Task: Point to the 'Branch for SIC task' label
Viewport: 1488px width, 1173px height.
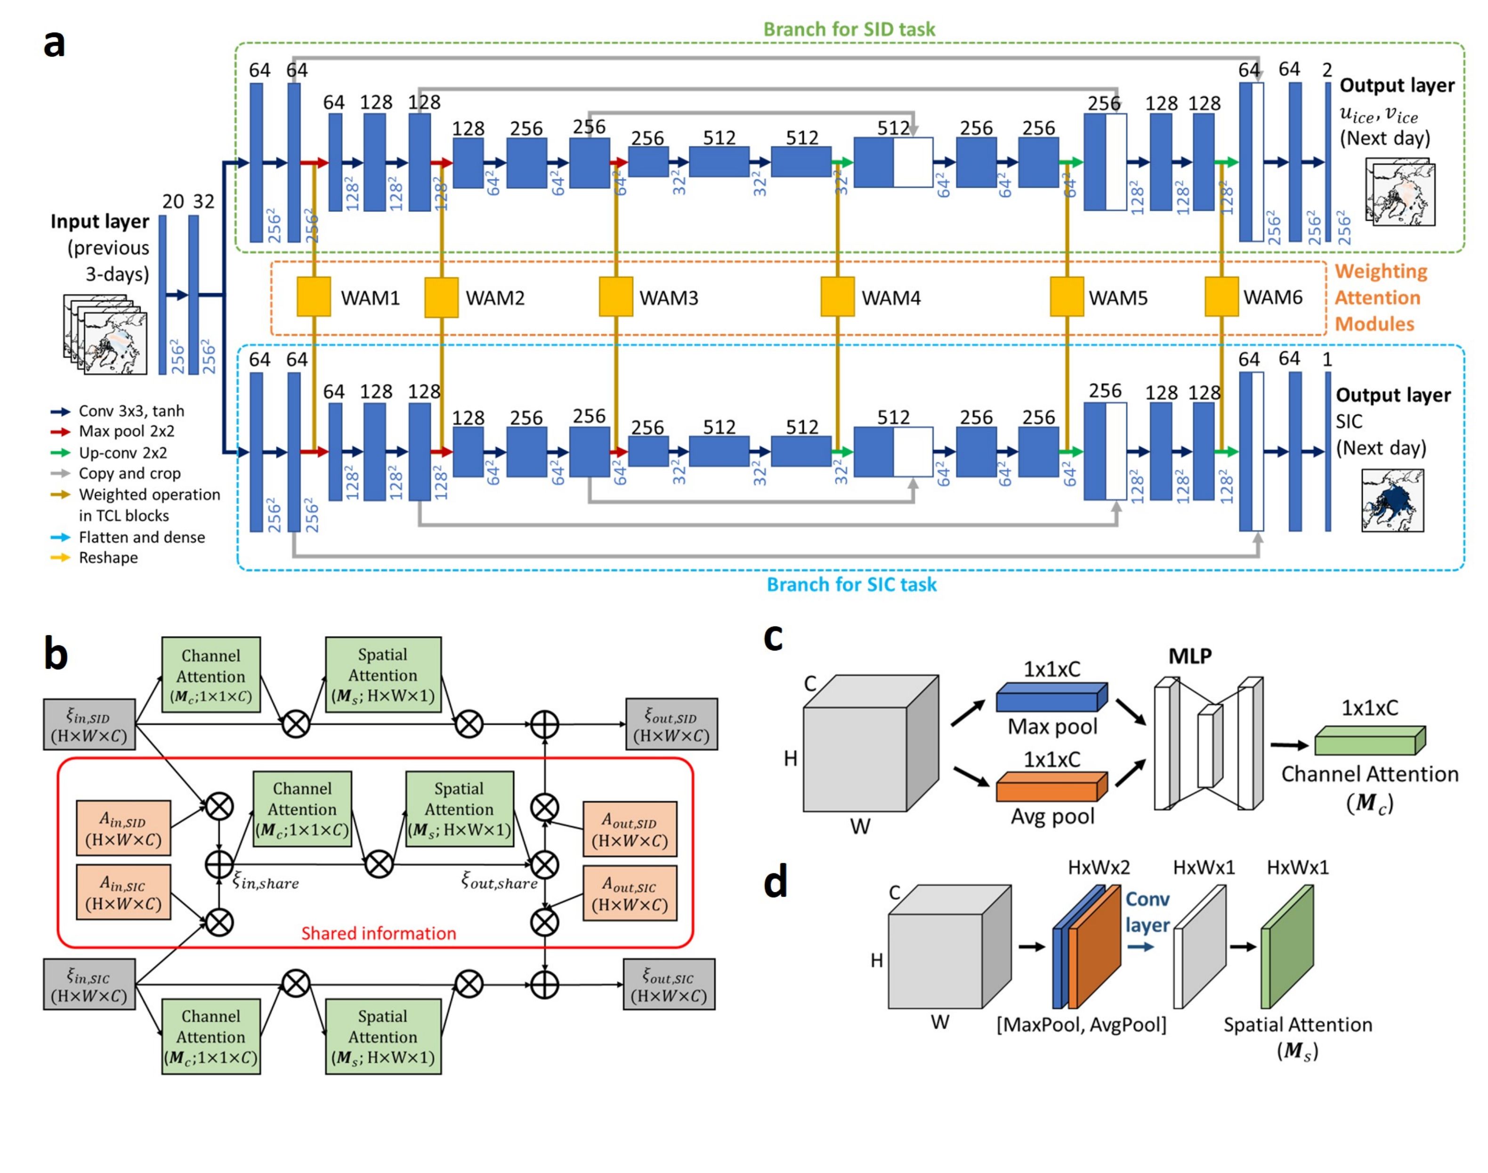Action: point(851,585)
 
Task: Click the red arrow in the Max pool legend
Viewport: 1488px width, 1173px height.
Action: point(60,432)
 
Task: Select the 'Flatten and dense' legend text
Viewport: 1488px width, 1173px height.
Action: point(142,537)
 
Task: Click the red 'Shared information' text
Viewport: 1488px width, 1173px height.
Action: point(379,933)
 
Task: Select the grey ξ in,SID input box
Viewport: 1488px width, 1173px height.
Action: point(89,724)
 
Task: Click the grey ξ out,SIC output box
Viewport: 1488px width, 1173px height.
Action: point(669,984)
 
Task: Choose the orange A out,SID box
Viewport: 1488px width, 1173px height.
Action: point(629,829)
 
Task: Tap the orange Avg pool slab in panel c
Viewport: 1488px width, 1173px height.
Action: point(1051,787)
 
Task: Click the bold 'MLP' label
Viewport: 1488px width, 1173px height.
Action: point(1190,657)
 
